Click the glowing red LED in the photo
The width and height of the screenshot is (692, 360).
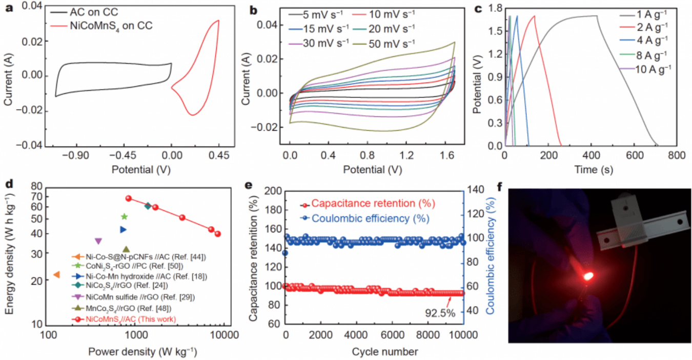click(x=588, y=276)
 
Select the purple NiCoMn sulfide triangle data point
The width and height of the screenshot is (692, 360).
click(x=98, y=241)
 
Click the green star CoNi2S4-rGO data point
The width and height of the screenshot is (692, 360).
click(x=124, y=217)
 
